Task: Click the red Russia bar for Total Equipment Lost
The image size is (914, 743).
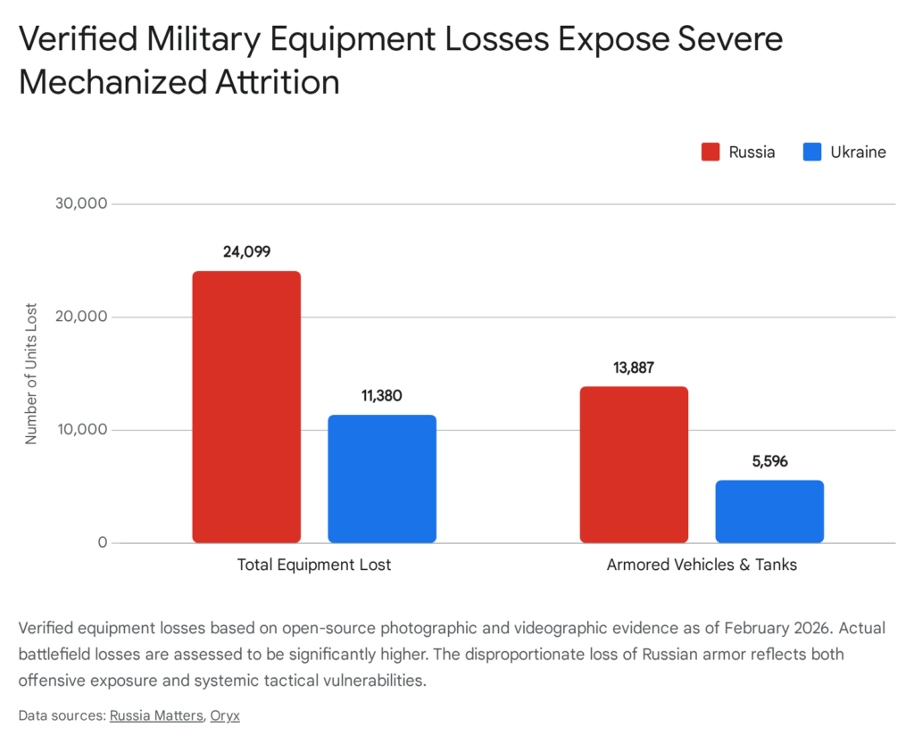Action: coord(246,407)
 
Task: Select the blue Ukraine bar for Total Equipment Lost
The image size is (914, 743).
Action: coord(382,479)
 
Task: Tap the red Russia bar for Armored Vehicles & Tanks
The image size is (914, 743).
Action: coord(634,465)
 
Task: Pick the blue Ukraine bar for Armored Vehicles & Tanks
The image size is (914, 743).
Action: coord(769,511)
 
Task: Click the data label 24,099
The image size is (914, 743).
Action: coord(246,252)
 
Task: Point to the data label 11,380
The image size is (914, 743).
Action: coord(382,396)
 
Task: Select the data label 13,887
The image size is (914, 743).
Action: coord(634,367)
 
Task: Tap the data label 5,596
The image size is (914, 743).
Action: coord(769,462)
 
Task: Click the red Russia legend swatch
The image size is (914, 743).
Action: coord(710,152)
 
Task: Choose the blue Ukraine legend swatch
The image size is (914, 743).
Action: coord(811,152)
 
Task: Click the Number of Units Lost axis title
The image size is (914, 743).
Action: coord(31,374)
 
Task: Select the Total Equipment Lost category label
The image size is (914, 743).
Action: coord(314,565)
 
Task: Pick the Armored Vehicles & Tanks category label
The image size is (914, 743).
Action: coord(702,565)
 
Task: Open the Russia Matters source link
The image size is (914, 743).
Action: coord(156,715)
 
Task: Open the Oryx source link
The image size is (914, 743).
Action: coord(225,715)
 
